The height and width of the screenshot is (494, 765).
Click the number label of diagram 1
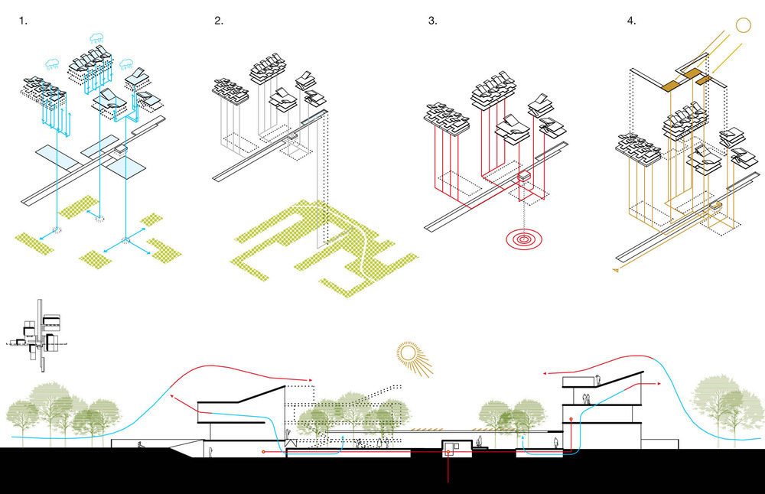point(24,21)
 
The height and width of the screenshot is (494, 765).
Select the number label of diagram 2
point(219,21)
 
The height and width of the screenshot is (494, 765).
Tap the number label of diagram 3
point(433,21)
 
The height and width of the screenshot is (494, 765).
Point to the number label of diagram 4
point(631,21)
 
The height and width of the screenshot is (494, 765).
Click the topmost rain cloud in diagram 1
point(97,37)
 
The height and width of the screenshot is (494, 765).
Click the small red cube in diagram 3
point(525,180)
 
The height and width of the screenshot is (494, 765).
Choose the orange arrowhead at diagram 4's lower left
point(614,270)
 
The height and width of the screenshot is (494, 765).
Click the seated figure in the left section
point(139,447)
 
